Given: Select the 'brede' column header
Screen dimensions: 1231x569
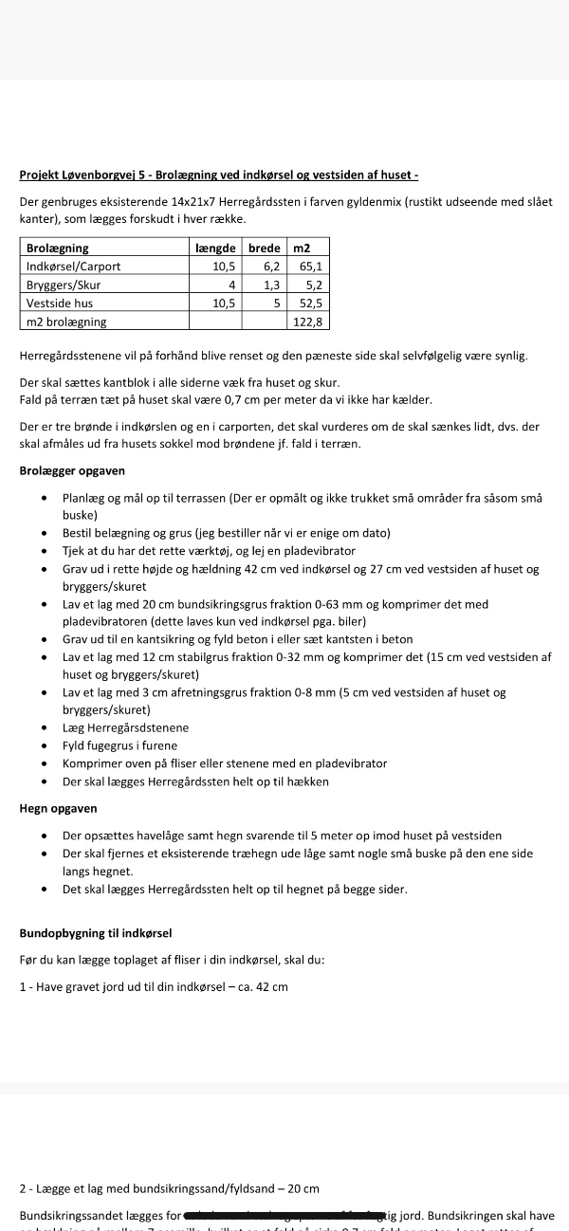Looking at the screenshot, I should [x=264, y=248].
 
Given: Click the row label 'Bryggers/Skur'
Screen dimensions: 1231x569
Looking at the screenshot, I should [x=64, y=285].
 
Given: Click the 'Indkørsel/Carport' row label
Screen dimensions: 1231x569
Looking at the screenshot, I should [x=73, y=266].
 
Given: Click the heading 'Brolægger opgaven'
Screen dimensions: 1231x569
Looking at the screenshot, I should [x=72, y=470].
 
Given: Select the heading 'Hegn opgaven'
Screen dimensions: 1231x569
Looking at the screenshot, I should [x=58, y=809].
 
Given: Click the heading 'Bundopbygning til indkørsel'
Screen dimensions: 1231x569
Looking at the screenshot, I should [x=95, y=933].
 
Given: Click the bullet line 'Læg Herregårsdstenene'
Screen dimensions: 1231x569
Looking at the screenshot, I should [x=125, y=727].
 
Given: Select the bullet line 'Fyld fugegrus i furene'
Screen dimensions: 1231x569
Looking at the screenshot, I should [x=119, y=745].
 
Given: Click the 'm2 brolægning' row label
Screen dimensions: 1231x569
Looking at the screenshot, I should [x=66, y=322].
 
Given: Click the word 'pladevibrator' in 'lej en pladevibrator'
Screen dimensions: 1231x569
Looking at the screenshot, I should [x=321, y=551].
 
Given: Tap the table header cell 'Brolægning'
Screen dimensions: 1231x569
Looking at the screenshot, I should [x=58, y=248].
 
